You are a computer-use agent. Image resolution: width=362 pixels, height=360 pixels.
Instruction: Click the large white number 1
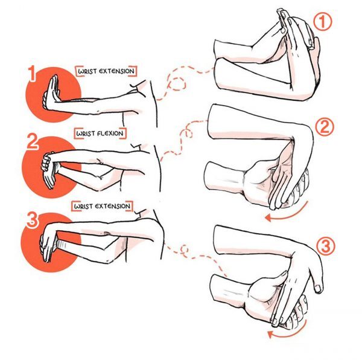[33, 74]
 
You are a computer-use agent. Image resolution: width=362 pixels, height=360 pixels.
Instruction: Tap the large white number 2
[33, 141]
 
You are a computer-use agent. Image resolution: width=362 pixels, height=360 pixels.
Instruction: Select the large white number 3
[33, 220]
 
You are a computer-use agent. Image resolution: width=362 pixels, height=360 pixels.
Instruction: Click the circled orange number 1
[323, 22]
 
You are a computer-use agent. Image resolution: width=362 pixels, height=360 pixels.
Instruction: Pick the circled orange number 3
[325, 246]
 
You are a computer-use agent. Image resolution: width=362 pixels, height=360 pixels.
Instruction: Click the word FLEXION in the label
[110, 133]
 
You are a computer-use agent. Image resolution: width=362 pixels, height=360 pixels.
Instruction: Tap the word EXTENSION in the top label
[116, 71]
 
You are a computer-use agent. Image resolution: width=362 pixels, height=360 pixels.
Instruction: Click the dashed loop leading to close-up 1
[178, 83]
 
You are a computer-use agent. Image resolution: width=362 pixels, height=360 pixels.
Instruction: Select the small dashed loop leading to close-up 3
[184, 249]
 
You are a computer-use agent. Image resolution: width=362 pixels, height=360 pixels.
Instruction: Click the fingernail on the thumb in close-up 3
[318, 289]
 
